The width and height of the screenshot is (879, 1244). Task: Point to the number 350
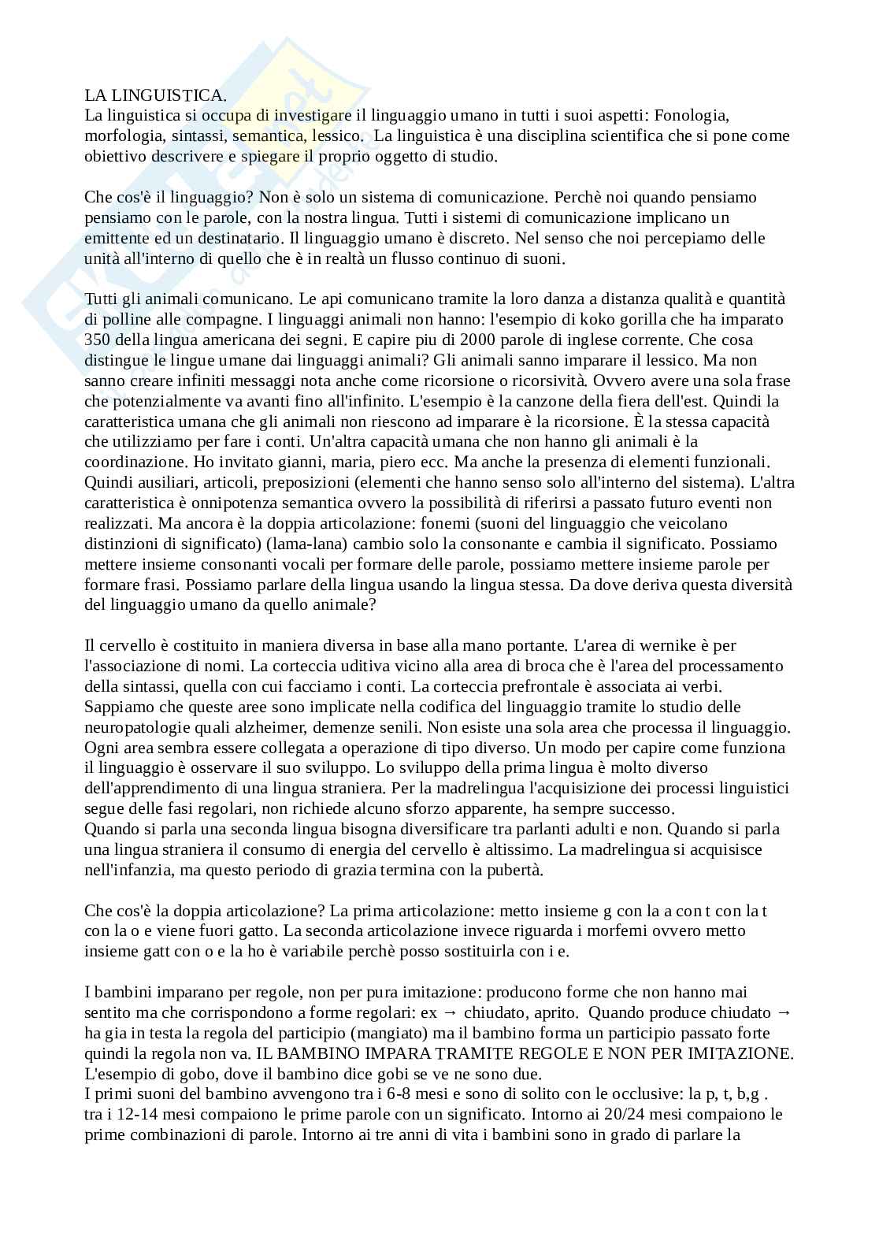[98, 340]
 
